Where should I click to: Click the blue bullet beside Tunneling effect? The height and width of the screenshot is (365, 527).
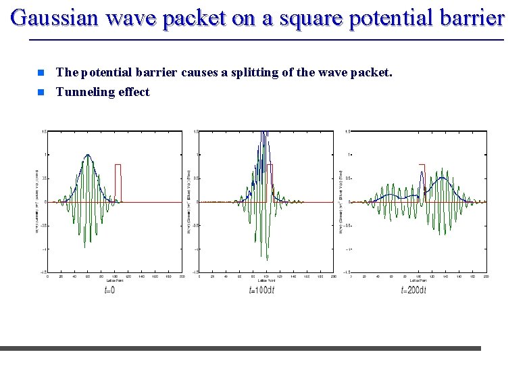[41, 92]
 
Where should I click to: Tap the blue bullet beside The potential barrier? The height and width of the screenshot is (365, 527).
[41, 72]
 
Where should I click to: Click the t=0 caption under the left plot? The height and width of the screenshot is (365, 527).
[109, 291]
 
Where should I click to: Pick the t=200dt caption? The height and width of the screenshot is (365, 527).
[413, 291]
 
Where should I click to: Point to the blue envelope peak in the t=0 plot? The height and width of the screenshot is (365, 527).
[87, 155]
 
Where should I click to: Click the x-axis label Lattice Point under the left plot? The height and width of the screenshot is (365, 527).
[114, 281]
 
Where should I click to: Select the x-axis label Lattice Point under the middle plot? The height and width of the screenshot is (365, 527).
[266, 281]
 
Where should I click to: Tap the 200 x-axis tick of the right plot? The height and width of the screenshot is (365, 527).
[486, 276]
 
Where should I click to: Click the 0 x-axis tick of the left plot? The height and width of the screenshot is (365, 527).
[47, 276]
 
